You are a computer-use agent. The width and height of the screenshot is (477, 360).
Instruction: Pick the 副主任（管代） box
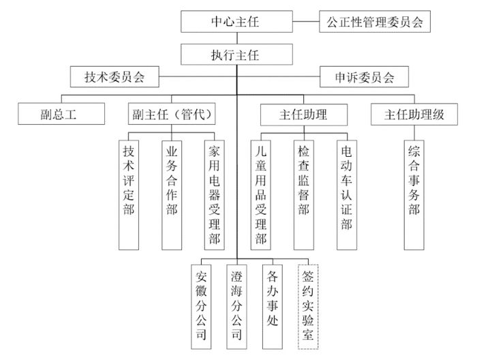pyautogui.click(x=171, y=114)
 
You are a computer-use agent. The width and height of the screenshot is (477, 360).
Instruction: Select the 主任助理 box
pyautogui.click(x=303, y=114)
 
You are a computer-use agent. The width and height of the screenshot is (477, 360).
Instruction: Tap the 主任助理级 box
pyautogui.click(x=413, y=114)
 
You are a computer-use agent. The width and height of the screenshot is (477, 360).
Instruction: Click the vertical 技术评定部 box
pyautogui.click(x=128, y=194)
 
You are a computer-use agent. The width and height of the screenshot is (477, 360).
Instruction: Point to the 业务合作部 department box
pyautogui.click(x=171, y=194)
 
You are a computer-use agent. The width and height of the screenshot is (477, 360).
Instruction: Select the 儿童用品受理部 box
pyautogui.click(x=260, y=194)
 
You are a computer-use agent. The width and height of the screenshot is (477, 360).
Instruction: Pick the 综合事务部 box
pyautogui.click(x=413, y=194)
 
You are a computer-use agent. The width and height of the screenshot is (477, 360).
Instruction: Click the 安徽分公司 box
pyautogui.click(x=201, y=305)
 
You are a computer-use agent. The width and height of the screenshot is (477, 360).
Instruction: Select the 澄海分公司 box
pyautogui.click(x=236, y=305)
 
